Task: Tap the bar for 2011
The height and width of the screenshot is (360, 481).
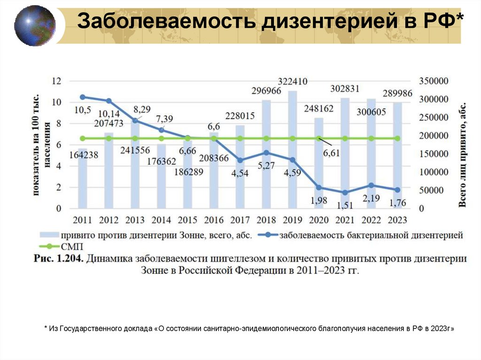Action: (83, 178)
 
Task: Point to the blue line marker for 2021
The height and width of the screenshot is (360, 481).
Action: (345, 192)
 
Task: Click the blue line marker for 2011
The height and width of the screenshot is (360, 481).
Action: (83, 97)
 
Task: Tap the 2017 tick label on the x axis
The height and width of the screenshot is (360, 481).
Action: (240, 219)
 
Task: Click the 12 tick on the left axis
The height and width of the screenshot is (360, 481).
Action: (57, 81)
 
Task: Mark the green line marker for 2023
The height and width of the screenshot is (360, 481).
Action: (397, 138)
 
